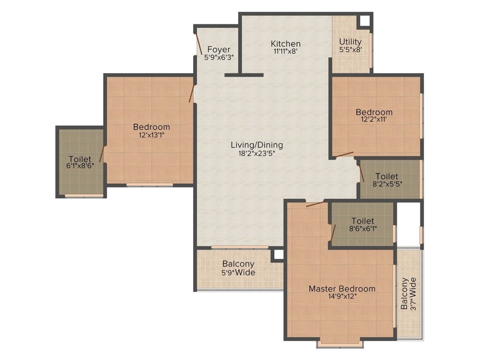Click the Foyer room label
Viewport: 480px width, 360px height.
[219, 49]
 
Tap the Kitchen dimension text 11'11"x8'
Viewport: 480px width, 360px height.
[285, 52]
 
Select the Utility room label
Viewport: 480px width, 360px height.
[350, 42]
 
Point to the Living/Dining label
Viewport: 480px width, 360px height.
[257, 145]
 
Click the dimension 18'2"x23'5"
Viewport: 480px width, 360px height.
[257, 153]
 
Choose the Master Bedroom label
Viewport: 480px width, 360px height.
[342, 288]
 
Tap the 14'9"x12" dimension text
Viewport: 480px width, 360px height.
[342, 296]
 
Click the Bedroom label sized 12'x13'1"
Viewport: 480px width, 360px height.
[151, 127]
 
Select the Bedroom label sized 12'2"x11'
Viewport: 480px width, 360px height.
[374, 112]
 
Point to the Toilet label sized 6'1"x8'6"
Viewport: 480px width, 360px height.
[79, 159]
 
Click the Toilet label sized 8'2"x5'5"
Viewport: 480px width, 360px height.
[386, 176]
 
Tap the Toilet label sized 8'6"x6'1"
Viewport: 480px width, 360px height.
[363, 221]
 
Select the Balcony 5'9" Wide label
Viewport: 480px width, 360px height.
[238, 264]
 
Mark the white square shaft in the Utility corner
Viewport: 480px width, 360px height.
[364, 21]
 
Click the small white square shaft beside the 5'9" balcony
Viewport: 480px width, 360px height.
[278, 255]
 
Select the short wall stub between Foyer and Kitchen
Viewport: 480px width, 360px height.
[244, 75]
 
